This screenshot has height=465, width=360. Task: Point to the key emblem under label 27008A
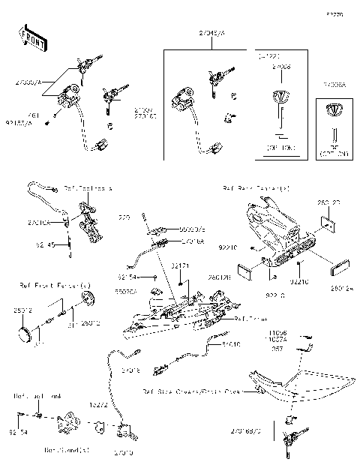click(x=333, y=110)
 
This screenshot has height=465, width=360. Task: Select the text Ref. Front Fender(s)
click(x=55, y=285)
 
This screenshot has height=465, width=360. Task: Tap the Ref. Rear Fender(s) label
click(x=256, y=187)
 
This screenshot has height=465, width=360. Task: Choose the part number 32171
click(x=180, y=266)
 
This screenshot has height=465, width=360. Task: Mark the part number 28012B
click(x=219, y=277)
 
